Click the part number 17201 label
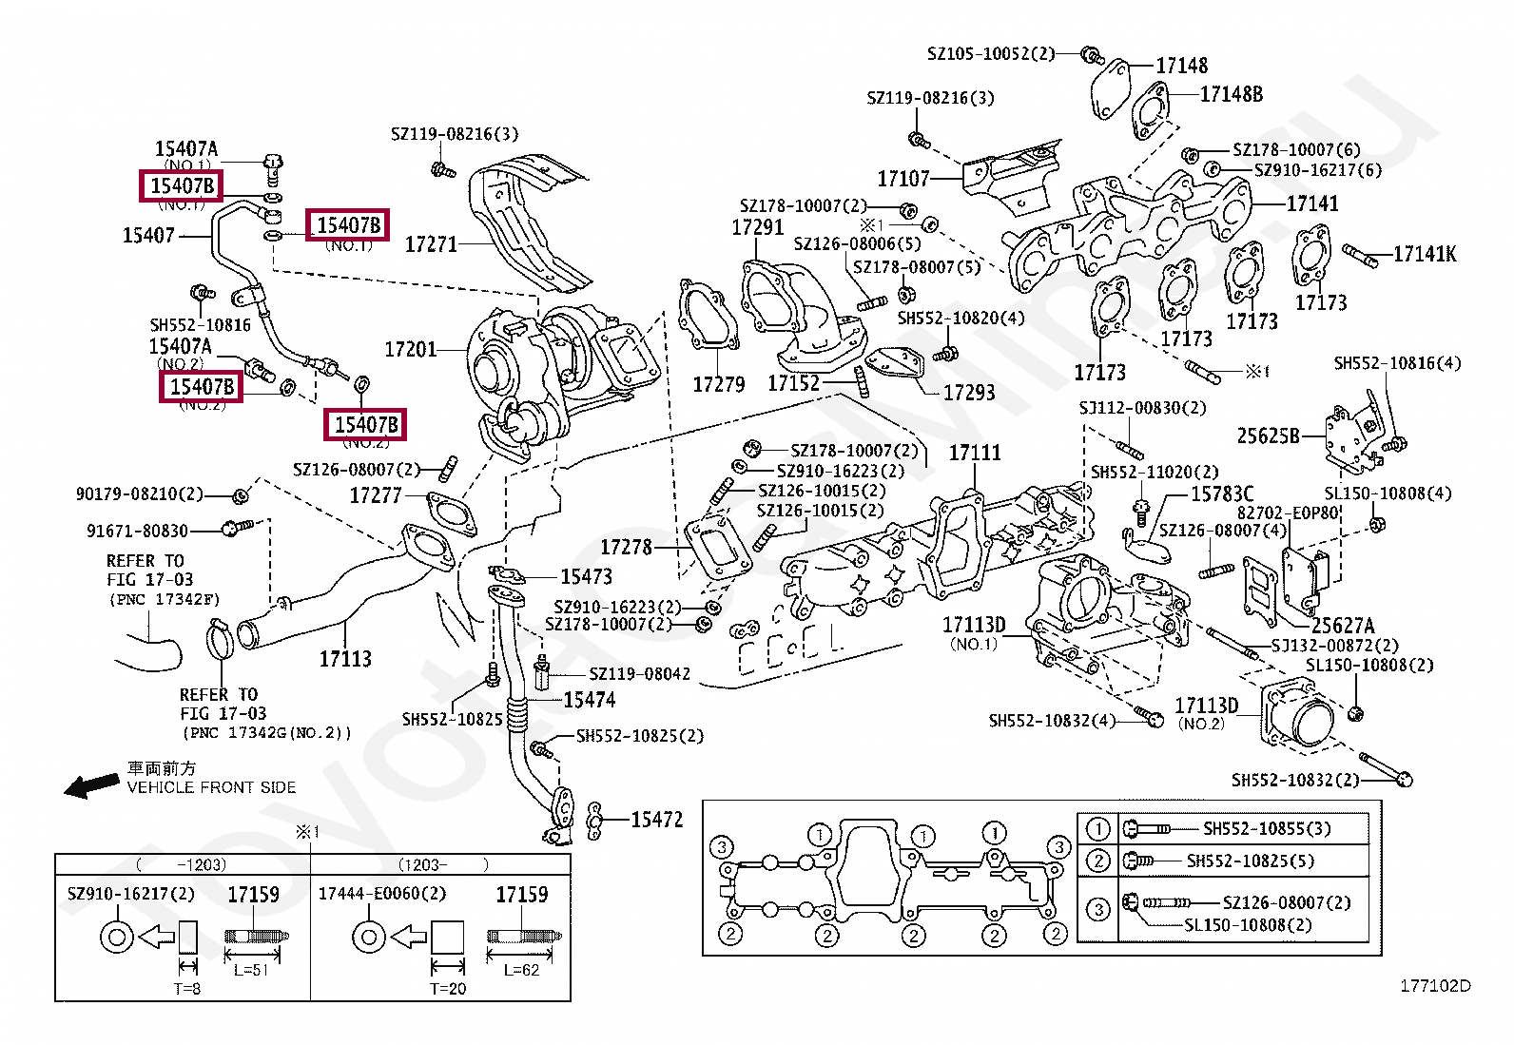[x=410, y=350]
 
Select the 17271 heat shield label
[x=431, y=244]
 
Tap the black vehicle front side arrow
[x=91, y=785]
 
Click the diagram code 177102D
[x=1434, y=985]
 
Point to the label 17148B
[x=1231, y=94]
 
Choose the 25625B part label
[x=1268, y=436]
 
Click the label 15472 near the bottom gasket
[x=656, y=820]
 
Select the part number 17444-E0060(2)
[x=381, y=894]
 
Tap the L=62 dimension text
[x=521, y=970]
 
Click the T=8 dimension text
[x=187, y=989]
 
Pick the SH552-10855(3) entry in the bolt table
[x=1267, y=829]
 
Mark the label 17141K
[x=1424, y=254]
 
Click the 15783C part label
[x=1222, y=494]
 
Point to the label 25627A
[x=1343, y=626]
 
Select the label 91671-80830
[x=137, y=532]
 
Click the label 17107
[x=903, y=179]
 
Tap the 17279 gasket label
[x=718, y=384]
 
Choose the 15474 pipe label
[x=589, y=701]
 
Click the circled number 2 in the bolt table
[x=1098, y=861]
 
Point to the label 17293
[x=968, y=392]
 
